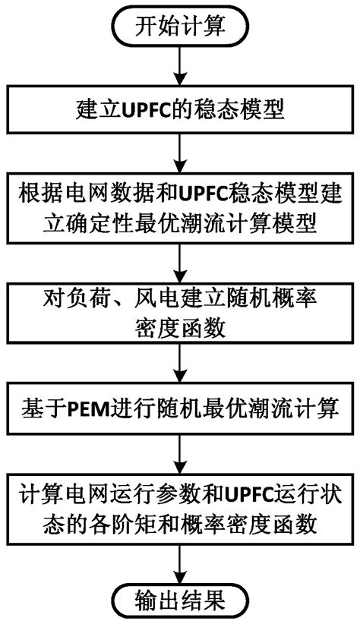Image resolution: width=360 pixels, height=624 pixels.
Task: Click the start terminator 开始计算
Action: pos(180,28)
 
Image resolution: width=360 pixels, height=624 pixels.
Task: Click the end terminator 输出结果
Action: pos(180,603)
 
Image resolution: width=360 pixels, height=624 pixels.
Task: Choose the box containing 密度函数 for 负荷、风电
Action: pos(180,314)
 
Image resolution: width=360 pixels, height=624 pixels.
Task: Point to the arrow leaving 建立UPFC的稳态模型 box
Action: pos(180,155)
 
